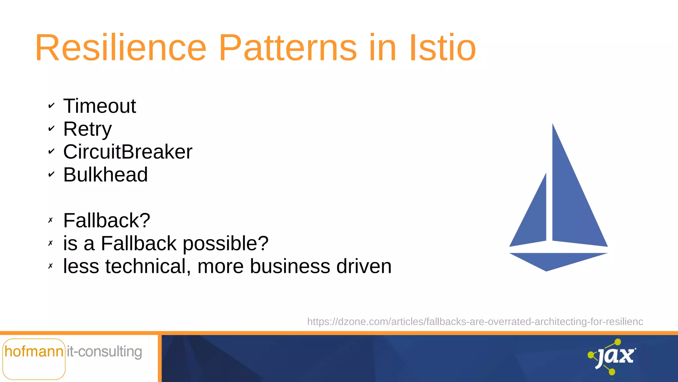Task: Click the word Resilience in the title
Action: click(121, 48)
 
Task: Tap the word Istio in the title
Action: click(442, 48)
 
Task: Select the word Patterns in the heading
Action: click(288, 48)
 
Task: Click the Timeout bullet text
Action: click(99, 106)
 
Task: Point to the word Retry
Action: click(87, 129)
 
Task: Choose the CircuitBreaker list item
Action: click(127, 152)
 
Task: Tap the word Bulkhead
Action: click(105, 175)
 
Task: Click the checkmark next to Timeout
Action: click(51, 106)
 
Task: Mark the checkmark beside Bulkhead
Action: click(51, 174)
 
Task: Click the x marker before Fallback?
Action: click(50, 220)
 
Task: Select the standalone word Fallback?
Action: click(107, 221)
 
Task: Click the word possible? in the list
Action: click(225, 243)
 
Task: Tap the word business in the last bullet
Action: click(290, 266)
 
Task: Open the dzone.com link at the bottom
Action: click(475, 322)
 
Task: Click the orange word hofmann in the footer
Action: click(34, 351)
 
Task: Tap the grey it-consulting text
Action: click(104, 351)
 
